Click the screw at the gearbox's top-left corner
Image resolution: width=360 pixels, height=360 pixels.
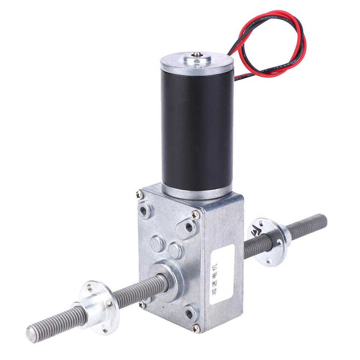point(140,195)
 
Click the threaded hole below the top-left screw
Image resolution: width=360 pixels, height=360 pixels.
point(145,210)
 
